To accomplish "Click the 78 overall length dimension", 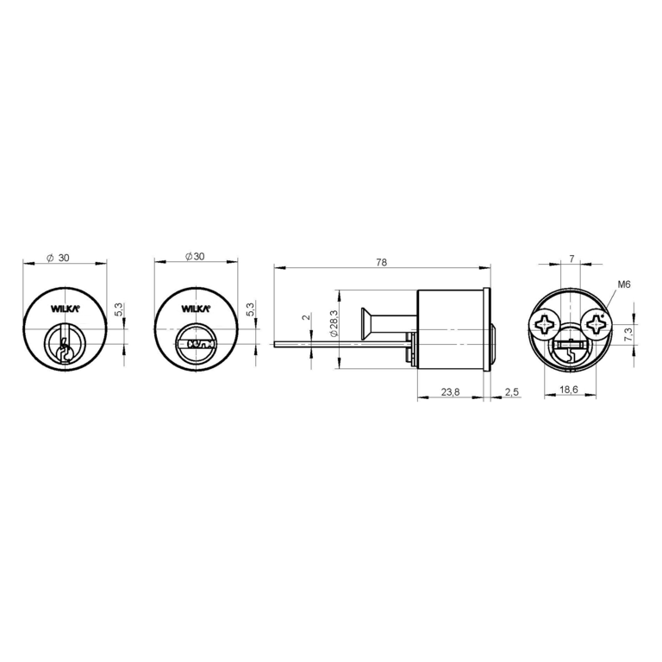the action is tap(381, 262).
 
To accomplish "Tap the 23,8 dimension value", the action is tap(450, 392).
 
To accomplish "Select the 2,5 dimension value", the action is tap(511, 392).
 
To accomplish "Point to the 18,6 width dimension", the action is tap(569, 390).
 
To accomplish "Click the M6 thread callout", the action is tap(624, 285).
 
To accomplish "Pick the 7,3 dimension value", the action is tap(628, 334).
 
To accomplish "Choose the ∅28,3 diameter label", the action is tap(334, 323).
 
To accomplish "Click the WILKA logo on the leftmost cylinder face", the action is tap(65, 309).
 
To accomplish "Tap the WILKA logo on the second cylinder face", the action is tap(196, 309).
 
